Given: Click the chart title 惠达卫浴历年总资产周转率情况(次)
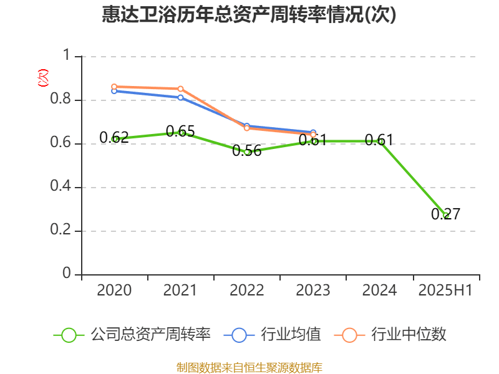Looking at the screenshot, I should tap(249, 15).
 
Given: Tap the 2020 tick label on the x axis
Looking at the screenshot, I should tap(114, 290).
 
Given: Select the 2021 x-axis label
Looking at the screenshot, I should tap(180, 290).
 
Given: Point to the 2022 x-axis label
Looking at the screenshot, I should tap(247, 290).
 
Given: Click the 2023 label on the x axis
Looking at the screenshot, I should tap(313, 290).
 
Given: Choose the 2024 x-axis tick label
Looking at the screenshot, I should tap(379, 290).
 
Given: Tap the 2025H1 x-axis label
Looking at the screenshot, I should tap(445, 290).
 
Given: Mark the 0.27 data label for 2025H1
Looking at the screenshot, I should tap(445, 214).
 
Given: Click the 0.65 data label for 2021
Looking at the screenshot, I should tap(180, 132).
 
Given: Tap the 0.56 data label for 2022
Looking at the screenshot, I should tap(247, 151).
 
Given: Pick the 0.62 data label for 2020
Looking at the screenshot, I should tap(114, 138).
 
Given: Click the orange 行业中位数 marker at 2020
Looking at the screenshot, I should tap(114, 87).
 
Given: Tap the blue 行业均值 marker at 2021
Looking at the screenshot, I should tap(180, 97).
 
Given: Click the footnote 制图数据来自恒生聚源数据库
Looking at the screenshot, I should tap(249, 368).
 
